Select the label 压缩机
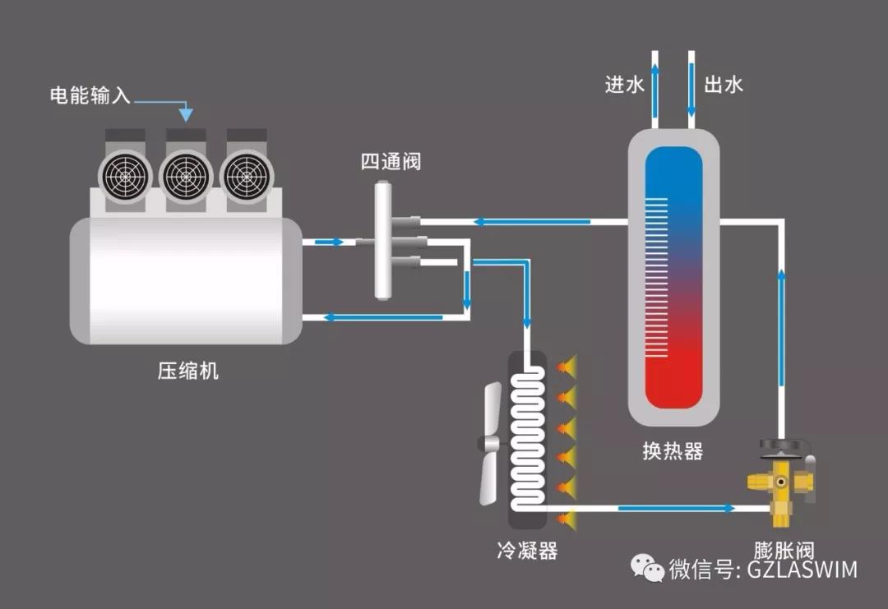(x=188, y=371)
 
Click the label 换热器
(x=673, y=452)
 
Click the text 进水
(x=623, y=85)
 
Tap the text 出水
(x=724, y=85)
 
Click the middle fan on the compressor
(x=186, y=173)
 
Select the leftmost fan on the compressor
(x=126, y=173)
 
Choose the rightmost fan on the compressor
(x=246, y=173)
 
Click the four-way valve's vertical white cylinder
(x=383, y=241)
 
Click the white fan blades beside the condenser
(x=491, y=444)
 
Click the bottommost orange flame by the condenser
(x=566, y=517)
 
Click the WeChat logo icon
(x=647, y=567)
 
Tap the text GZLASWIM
(x=802, y=569)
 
